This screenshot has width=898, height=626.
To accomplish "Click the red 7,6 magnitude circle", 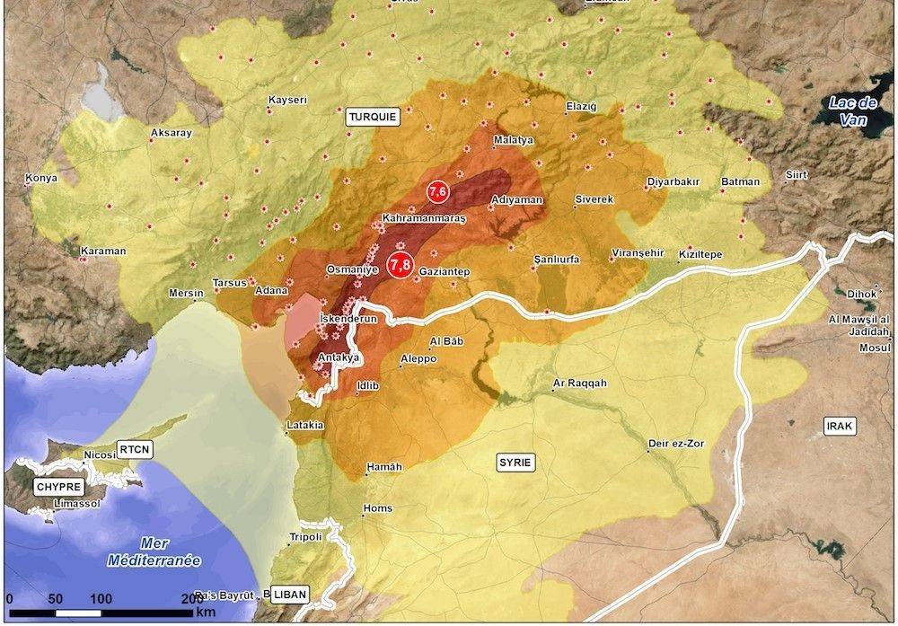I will [x=437, y=192].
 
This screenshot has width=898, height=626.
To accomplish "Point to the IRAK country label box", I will [x=841, y=425].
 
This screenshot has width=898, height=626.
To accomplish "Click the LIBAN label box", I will [x=289, y=594].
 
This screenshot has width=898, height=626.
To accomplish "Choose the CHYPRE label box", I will [x=58, y=487].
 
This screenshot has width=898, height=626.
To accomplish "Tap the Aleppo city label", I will [x=418, y=358].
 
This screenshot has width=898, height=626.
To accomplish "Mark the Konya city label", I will [x=41, y=178].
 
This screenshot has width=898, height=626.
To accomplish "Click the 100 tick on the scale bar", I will [x=101, y=599].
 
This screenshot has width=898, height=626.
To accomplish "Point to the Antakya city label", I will [x=339, y=357].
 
